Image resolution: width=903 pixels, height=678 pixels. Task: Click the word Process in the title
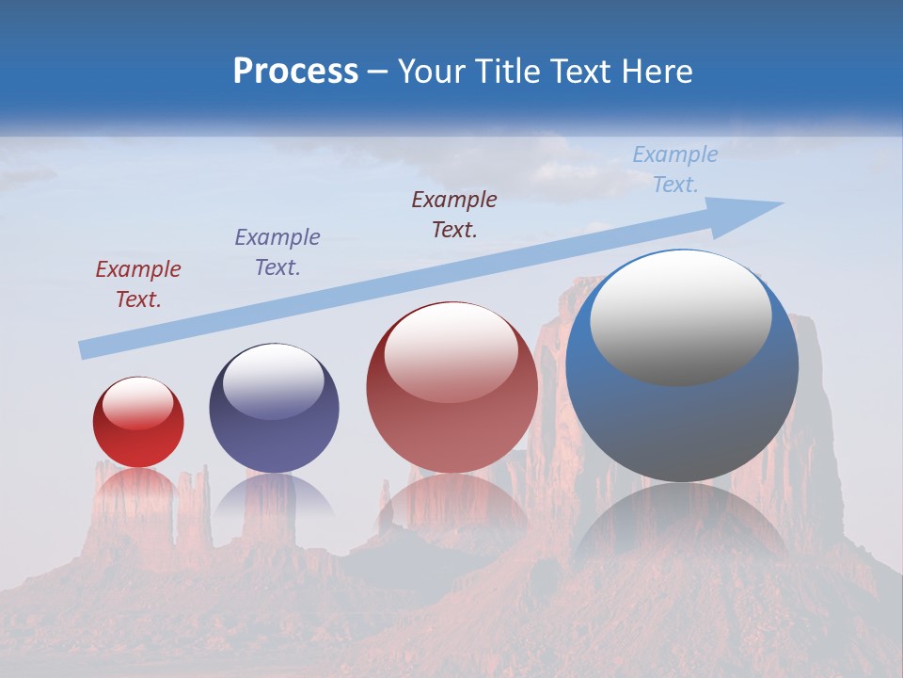[x=295, y=72]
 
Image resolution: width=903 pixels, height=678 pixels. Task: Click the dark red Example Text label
[x=137, y=284]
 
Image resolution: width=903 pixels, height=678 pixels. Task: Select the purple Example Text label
[x=277, y=252]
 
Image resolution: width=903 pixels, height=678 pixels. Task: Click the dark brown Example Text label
[x=454, y=215]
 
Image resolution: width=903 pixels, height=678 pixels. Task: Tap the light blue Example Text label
[x=674, y=169]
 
